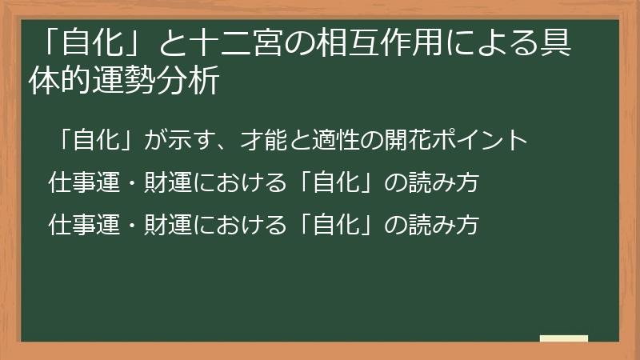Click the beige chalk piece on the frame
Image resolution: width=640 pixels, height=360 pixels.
563,339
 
